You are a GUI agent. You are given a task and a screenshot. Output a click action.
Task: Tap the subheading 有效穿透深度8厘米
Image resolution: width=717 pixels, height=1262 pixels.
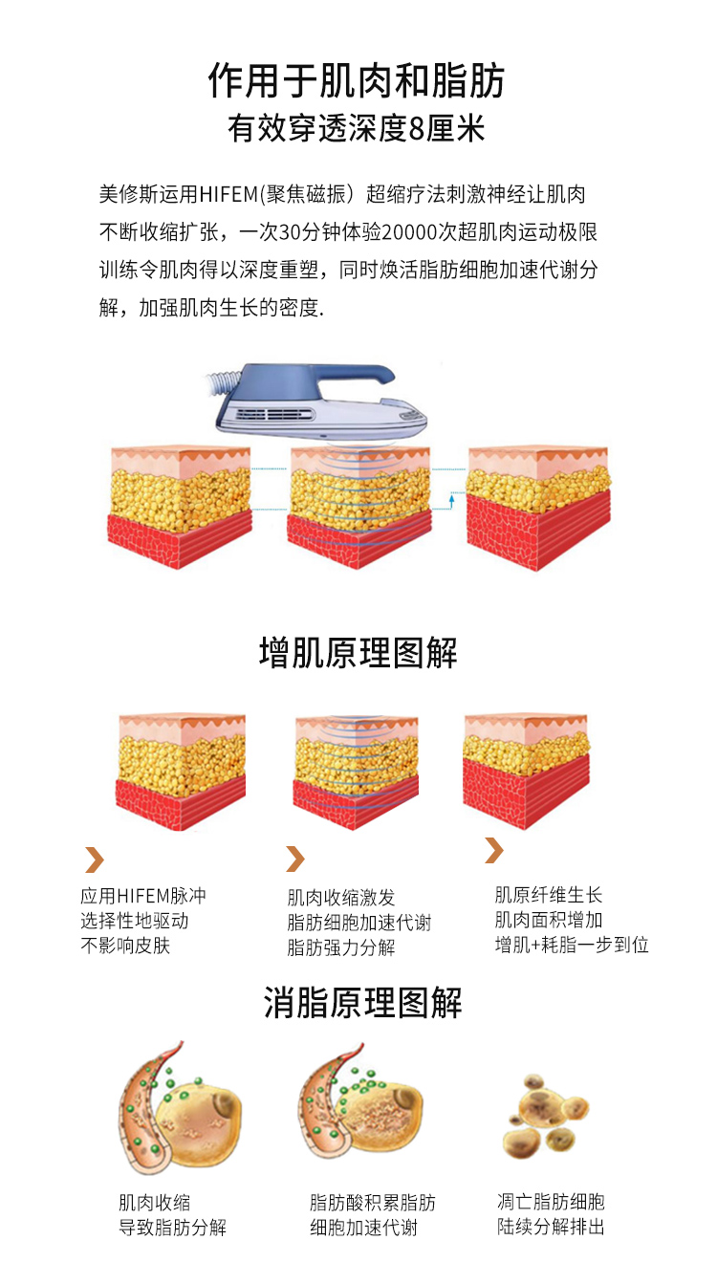[356, 128]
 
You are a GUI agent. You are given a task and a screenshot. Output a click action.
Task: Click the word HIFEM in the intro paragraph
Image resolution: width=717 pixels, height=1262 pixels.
[228, 194]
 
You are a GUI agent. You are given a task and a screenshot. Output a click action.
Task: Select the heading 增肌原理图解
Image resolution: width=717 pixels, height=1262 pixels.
[358, 653]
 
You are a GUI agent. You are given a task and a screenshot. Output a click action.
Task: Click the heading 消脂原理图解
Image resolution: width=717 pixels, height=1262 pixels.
[362, 1003]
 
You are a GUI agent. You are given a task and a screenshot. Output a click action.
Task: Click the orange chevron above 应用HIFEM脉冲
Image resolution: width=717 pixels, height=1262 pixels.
[95, 859]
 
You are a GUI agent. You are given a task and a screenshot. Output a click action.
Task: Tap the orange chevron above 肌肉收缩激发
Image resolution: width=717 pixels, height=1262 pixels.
[295, 859]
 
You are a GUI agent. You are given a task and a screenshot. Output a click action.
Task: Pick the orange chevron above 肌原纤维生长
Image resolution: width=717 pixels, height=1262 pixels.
[494, 850]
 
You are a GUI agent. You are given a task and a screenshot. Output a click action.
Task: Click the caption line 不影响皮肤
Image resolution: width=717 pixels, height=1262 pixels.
[125, 946]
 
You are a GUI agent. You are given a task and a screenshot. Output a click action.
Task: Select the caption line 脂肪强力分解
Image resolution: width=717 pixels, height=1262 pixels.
[340, 947]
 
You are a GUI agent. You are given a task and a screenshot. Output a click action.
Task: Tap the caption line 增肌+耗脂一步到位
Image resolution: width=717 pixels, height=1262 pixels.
[572, 945]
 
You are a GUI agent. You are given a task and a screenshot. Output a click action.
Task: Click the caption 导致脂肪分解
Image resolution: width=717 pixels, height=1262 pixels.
[172, 1228]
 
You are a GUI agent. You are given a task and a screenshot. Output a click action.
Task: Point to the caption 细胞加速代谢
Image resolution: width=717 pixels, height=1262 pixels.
[364, 1228]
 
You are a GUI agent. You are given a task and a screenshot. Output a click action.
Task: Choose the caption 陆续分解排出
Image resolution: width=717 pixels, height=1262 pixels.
[551, 1227]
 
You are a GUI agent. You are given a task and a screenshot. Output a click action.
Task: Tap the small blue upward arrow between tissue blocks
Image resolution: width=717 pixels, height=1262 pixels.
[451, 501]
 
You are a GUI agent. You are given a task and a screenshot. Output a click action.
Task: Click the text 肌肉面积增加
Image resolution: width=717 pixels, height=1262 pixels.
[549, 920]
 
